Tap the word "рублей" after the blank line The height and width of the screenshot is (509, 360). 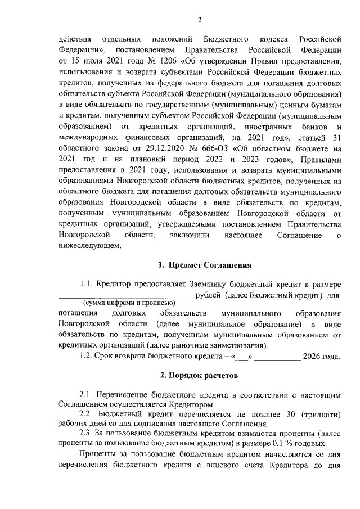[209, 294]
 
